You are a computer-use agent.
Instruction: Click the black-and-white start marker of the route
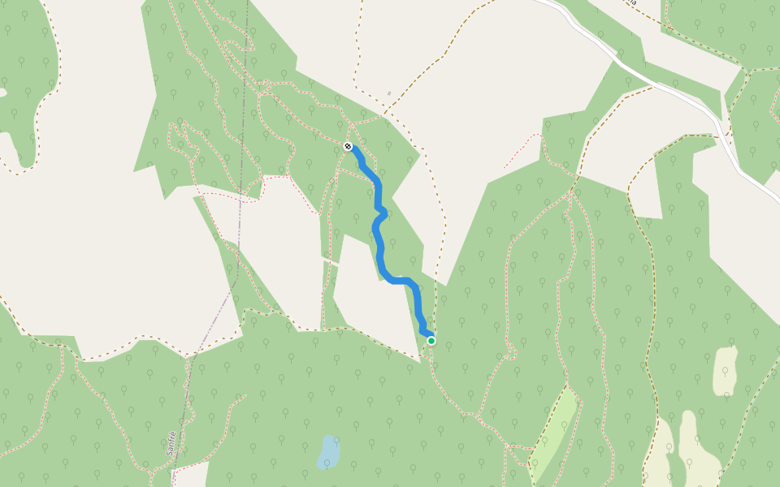click(348, 146)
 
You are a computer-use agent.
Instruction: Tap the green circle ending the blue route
click(431, 341)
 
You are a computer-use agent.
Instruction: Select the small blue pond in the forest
click(328, 451)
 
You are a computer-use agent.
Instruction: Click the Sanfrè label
click(171, 442)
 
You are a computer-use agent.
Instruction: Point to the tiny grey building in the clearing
click(389, 93)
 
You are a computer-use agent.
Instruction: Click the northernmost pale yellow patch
click(725, 371)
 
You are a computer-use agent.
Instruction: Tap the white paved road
click(650, 77)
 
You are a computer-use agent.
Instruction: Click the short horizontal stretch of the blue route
click(400, 281)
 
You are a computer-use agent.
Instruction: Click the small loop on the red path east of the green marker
click(510, 352)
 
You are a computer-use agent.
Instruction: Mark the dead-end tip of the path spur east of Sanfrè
click(245, 396)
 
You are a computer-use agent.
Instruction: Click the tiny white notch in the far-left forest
click(2, 93)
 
